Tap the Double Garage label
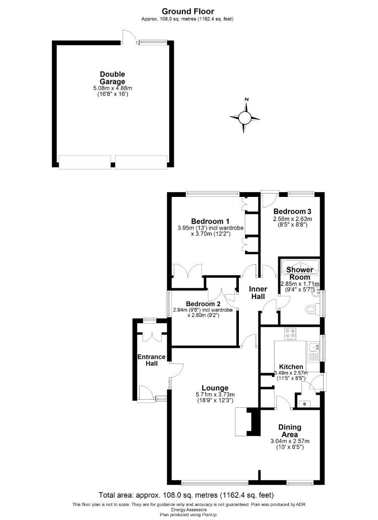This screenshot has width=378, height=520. (112, 78)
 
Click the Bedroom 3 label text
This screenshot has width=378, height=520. (292, 211)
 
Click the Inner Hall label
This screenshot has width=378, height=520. (257, 293)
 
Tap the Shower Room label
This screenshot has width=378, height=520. (300, 273)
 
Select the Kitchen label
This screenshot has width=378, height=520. (291, 366)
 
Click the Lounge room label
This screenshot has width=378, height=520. (215, 388)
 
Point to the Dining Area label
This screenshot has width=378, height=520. (289, 430)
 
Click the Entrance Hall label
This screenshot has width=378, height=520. (152, 360)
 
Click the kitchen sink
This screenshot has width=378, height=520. (313, 348)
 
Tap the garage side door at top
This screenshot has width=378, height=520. (128, 37)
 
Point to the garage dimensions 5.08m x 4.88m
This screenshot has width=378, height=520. (112, 89)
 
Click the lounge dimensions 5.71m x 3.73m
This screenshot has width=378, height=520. (215, 395)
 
